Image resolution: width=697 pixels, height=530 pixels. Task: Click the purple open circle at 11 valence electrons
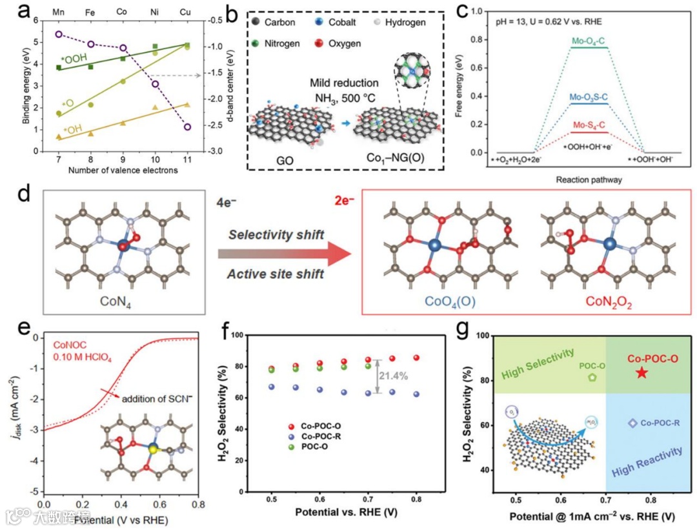pyautogui.click(x=188, y=127)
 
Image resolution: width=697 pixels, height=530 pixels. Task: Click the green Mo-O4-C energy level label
pyautogui.click(x=589, y=41)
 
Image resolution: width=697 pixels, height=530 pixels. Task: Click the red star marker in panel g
pyautogui.click(x=640, y=372)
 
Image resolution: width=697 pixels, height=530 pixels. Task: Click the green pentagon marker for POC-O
pyautogui.click(x=592, y=378)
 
